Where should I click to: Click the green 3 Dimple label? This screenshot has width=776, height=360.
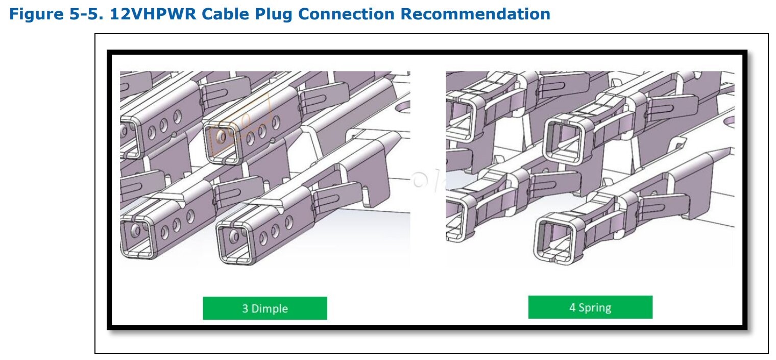tap(264, 308)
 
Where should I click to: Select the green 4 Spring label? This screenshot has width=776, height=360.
tap(590, 307)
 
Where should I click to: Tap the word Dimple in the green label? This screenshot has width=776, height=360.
tap(269, 308)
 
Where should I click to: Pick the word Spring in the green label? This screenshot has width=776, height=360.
tap(595, 307)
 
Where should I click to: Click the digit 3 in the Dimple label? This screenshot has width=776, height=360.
tap(245, 308)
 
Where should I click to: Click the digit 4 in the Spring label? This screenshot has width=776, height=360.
tap(572, 307)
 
